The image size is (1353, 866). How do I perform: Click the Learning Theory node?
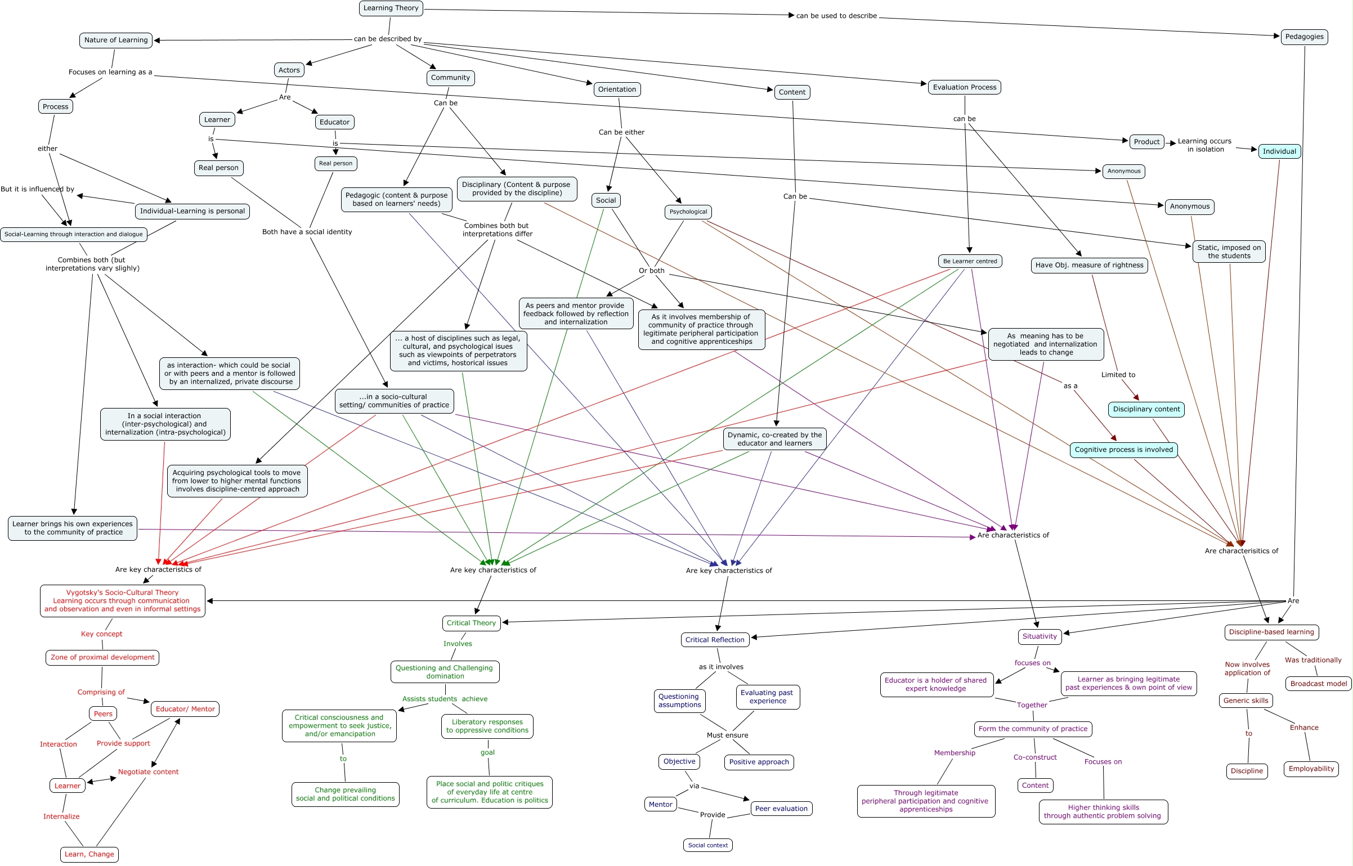click(391, 8)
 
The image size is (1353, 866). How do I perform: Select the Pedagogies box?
click(1304, 37)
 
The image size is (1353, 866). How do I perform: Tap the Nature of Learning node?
click(116, 41)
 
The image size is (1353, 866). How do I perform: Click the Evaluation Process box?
click(964, 87)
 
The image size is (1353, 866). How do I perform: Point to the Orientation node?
click(617, 89)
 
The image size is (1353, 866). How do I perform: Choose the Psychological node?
click(688, 212)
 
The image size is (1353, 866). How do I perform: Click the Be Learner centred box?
click(970, 261)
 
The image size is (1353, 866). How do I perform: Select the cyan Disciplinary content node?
click(1146, 410)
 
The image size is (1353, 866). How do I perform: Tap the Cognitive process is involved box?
click(1123, 450)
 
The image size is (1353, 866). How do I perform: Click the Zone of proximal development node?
click(102, 658)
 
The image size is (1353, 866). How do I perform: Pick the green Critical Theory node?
click(471, 623)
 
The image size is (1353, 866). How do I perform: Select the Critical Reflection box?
click(715, 640)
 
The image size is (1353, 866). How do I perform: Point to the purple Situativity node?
click(1040, 637)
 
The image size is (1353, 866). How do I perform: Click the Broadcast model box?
click(1318, 684)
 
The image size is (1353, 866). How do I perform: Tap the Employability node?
click(1311, 769)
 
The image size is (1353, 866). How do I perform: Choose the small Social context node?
click(707, 846)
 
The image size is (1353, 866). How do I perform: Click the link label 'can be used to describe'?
click(836, 16)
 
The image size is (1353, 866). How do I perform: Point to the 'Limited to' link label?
click(1118, 375)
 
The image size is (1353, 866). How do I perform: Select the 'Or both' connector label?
click(651, 271)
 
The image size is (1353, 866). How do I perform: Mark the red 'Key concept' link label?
click(101, 634)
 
